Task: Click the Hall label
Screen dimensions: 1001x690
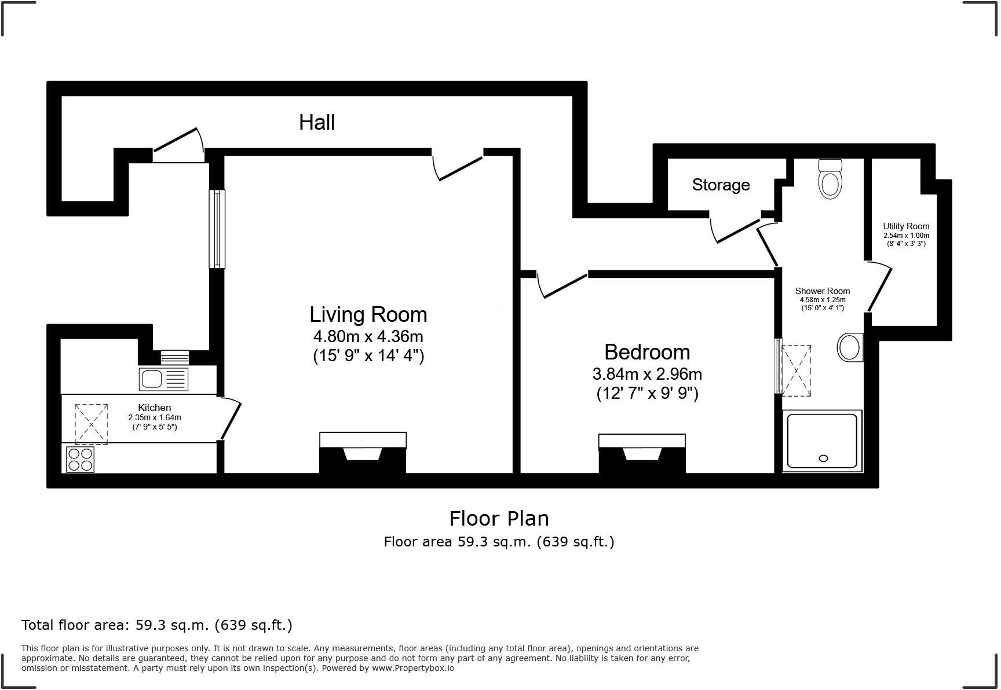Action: pos(317,122)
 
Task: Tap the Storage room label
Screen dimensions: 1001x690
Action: pos(721,185)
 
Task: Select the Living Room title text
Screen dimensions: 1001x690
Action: pos(368,314)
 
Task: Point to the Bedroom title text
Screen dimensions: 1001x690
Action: pos(647,352)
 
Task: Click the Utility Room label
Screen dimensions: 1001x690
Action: pos(906,226)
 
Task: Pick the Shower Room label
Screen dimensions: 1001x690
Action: pos(823,291)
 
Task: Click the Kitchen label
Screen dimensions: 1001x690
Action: pos(155,408)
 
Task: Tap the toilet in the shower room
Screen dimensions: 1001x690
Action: pos(830,179)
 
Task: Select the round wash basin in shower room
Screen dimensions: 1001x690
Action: pos(850,348)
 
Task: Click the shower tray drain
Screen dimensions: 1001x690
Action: pos(823,458)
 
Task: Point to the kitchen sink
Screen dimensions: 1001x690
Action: pos(164,379)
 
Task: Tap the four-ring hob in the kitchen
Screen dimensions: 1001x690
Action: pos(80,459)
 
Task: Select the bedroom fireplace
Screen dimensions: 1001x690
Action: pos(642,454)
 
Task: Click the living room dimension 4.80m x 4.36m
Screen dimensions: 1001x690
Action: pos(368,336)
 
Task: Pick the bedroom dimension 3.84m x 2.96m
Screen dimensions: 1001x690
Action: pos(647,374)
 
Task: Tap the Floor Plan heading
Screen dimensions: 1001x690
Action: pos(499,518)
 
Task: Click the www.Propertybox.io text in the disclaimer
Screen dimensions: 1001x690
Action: pos(412,668)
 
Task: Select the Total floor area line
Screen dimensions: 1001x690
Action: pos(157,625)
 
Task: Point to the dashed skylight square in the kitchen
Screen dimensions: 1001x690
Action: pos(91,424)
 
